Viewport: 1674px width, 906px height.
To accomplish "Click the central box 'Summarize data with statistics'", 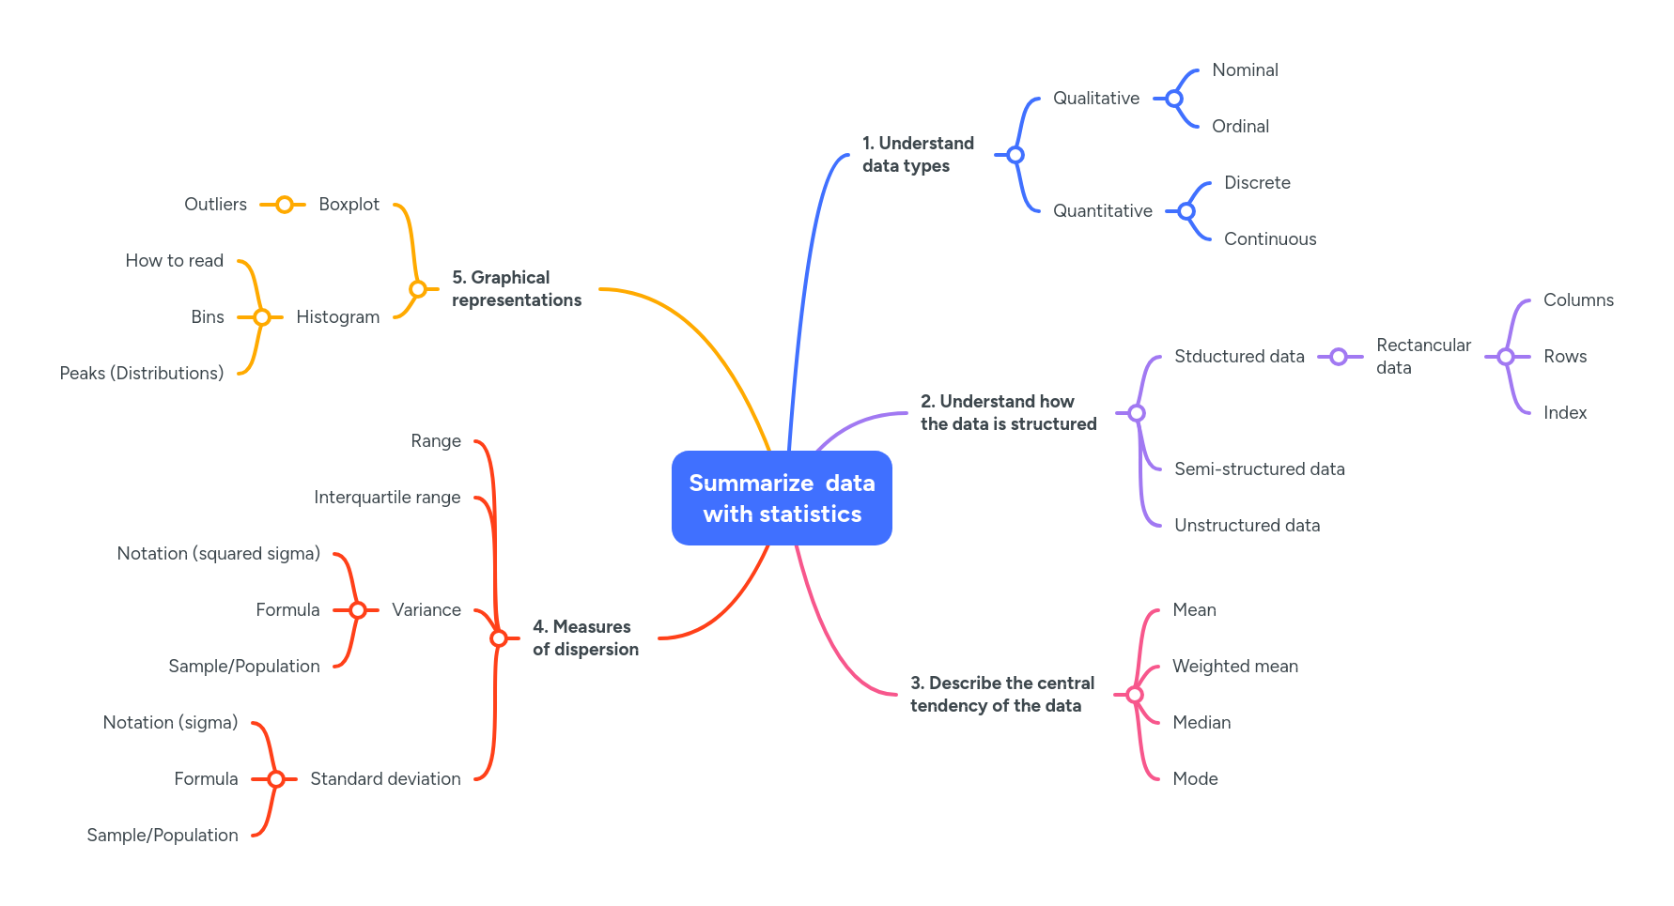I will coord(782,498).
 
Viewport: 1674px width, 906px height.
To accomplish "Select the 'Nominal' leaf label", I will coord(1245,70).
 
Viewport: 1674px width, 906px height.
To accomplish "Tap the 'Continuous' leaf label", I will coord(1269,239).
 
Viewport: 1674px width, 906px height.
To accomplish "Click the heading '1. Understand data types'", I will coord(918,155).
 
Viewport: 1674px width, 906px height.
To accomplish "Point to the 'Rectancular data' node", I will coord(1423,357).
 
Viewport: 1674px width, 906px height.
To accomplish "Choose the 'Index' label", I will coord(1564,413).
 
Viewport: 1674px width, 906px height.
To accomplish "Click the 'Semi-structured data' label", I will coord(1259,469).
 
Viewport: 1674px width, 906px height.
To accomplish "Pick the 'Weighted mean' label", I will coord(1234,667).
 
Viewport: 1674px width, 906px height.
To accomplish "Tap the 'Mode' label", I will coord(1195,779).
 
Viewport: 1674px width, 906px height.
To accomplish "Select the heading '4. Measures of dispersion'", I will coord(585,638).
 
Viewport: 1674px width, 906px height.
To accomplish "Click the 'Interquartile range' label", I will coord(387,498).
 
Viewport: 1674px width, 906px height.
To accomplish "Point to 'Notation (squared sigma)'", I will coord(218,554).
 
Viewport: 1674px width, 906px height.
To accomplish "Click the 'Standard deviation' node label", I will coord(385,779).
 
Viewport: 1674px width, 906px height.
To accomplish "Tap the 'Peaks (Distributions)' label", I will coord(141,374).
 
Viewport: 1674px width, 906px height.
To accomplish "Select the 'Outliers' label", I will coord(215,205).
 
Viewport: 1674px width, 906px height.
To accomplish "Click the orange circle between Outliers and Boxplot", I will coord(284,205).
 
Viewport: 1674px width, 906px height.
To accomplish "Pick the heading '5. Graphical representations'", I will coord(516,289).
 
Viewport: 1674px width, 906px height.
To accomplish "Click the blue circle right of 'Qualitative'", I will coord(1174,99).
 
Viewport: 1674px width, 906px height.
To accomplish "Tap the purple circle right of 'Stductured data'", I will coord(1339,357).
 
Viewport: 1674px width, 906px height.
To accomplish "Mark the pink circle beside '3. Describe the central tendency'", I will coord(1135,695).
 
